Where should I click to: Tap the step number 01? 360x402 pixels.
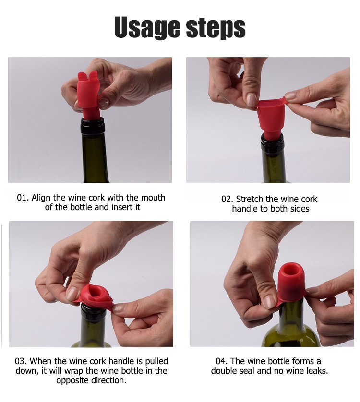23,198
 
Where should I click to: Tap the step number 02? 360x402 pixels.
228,199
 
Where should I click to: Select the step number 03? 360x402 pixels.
21,361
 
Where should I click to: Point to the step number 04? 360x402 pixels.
222,361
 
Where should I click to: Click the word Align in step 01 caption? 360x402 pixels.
41,198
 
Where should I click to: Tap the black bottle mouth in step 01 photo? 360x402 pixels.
93,126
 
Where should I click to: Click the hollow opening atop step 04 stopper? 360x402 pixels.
291,271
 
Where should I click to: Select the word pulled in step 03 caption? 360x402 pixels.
156,361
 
